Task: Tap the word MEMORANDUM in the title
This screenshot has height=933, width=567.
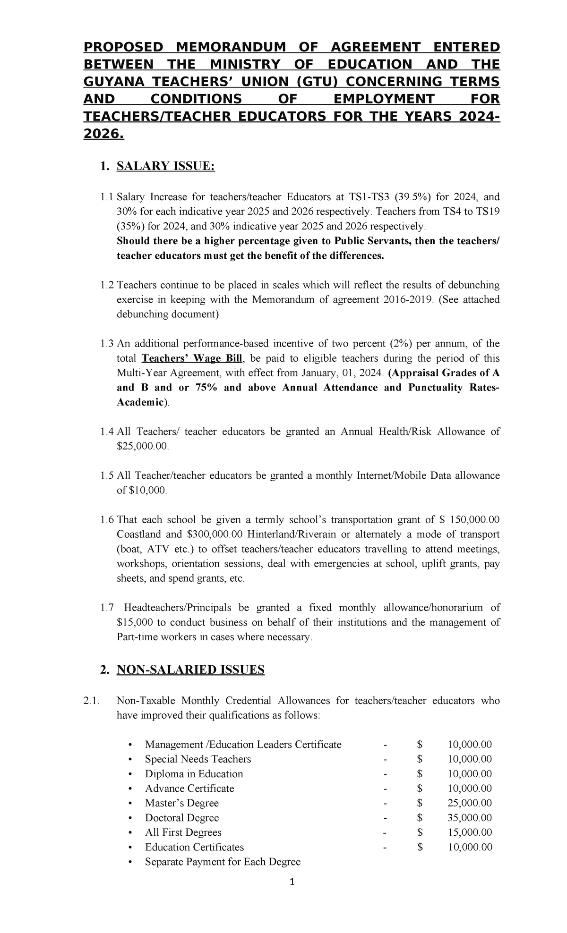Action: [231, 47]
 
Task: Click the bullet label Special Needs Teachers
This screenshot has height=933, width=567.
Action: [198, 759]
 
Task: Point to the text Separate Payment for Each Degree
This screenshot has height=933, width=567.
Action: [223, 862]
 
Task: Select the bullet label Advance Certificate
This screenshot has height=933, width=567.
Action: [189, 789]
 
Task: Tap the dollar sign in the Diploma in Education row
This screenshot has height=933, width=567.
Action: [420, 774]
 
